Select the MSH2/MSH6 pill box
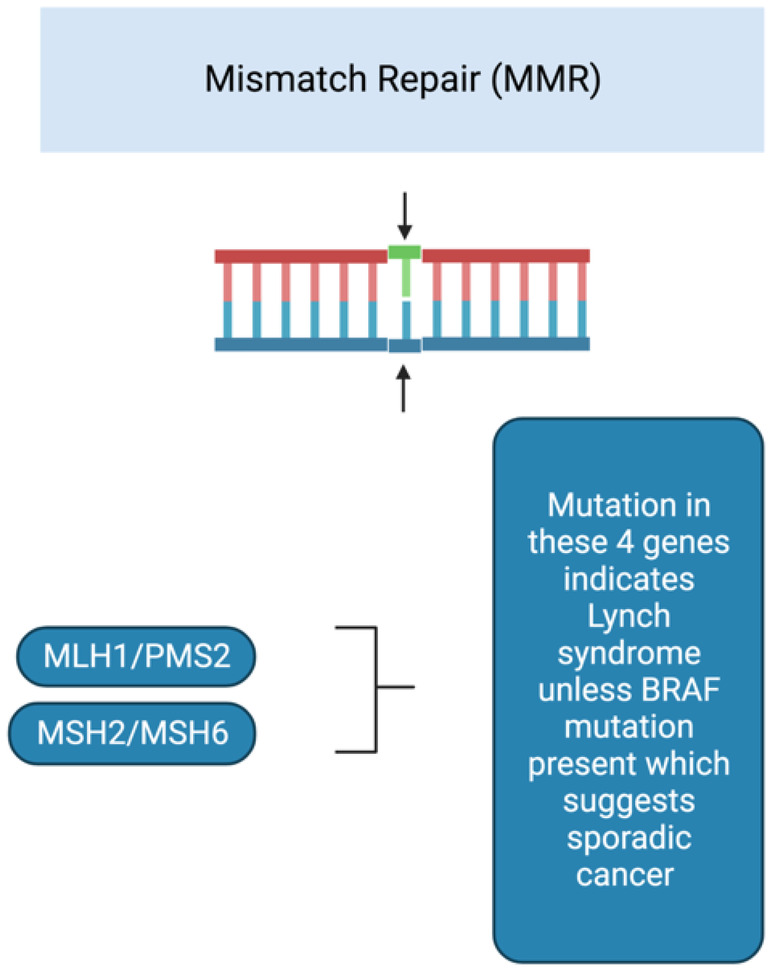click(132, 733)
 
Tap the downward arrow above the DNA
click(405, 215)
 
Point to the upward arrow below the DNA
click(403, 388)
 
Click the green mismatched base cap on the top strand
click(405, 252)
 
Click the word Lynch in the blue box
click(629, 616)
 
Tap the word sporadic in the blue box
click(629, 839)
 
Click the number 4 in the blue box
click(625, 542)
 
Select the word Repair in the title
click(428, 80)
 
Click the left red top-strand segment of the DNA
click(301, 256)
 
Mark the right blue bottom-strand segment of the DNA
click(506, 344)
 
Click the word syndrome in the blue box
click(629, 654)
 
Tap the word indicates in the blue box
click(629, 579)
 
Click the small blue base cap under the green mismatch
click(405, 346)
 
